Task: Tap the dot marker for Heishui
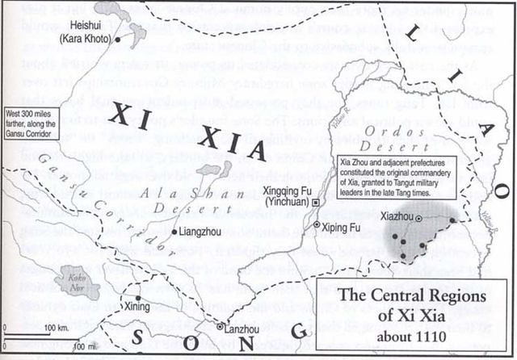pyautogui.click(x=118, y=37)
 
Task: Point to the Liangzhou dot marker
pyautogui.click(x=174, y=233)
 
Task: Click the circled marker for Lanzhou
pyautogui.click(x=220, y=326)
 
